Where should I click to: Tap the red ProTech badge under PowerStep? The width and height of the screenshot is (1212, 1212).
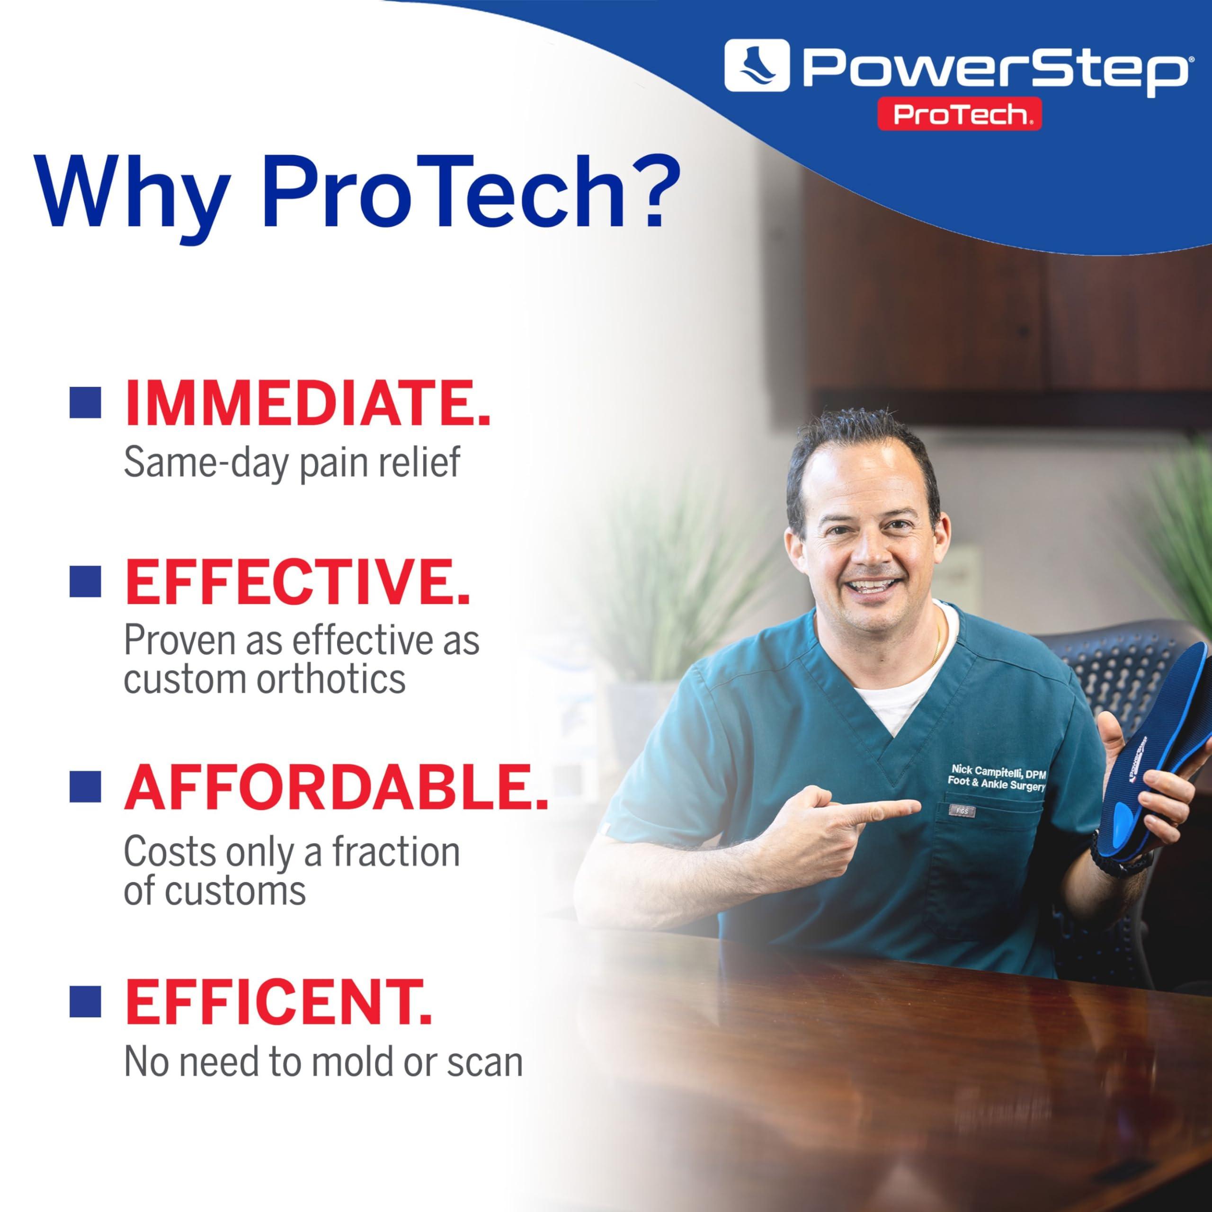click(959, 114)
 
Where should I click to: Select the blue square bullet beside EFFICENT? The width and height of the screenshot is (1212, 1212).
click(85, 1001)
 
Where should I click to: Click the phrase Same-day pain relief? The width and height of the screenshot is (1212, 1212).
click(292, 463)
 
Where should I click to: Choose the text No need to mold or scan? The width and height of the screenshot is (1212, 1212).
click(323, 1061)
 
